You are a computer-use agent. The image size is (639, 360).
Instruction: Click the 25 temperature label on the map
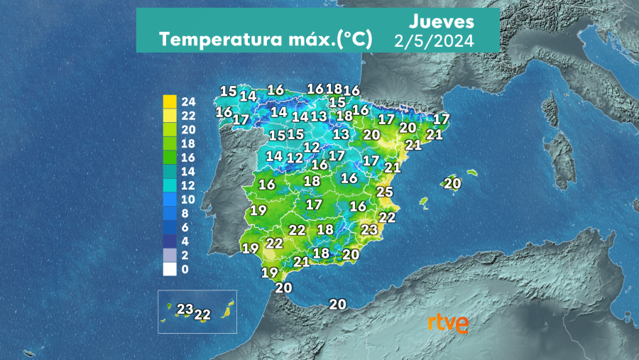(x=384, y=192)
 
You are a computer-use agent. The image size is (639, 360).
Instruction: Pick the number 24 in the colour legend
(x=188, y=102)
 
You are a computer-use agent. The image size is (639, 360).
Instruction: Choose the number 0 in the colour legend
(x=185, y=269)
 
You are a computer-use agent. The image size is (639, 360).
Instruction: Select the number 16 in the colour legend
(x=188, y=158)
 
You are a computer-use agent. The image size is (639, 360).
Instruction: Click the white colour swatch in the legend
(x=169, y=269)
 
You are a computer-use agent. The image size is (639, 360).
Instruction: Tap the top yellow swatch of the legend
(x=169, y=102)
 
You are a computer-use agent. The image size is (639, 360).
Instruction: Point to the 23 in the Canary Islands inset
(x=185, y=309)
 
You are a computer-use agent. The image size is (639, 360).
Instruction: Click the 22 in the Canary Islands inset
(x=202, y=314)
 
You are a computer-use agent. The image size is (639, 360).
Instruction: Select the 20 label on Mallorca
(x=452, y=183)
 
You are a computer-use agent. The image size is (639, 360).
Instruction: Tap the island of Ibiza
(x=425, y=202)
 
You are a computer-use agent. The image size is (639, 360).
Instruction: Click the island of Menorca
(x=471, y=173)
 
